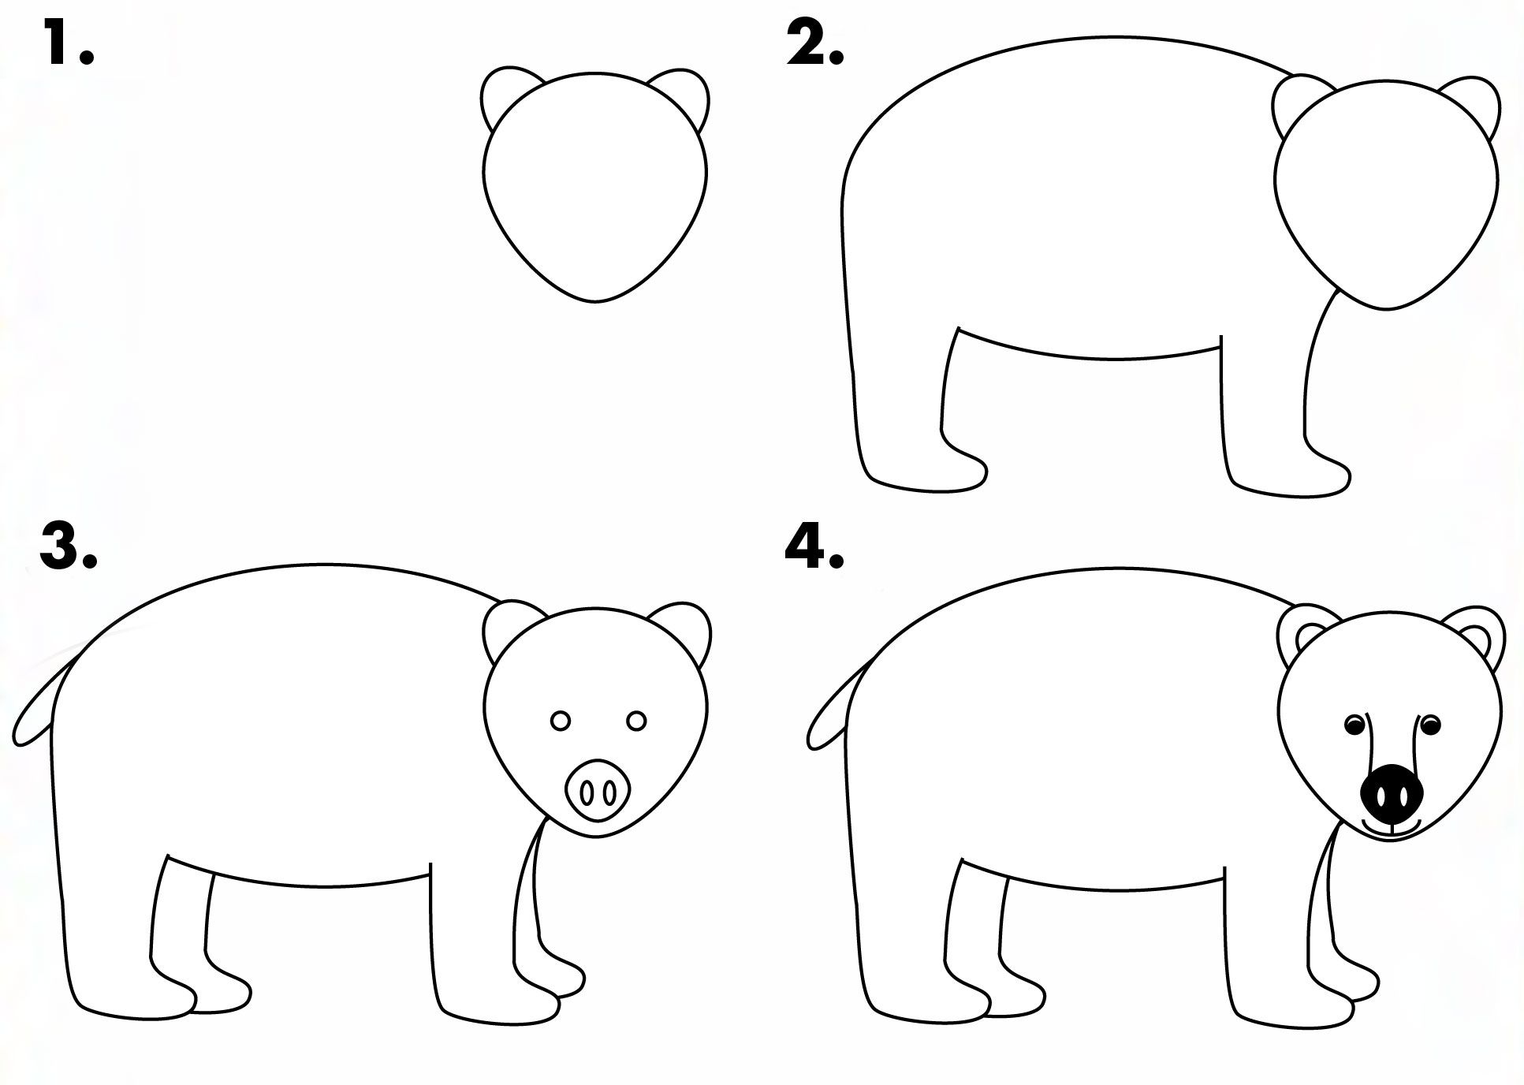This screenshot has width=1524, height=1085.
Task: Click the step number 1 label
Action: coord(67,44)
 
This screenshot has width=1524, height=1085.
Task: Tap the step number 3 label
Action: coord(67,546)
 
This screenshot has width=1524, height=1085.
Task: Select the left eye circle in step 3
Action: coord(561,721)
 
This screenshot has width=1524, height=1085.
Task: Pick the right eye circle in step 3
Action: coord(637,721)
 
